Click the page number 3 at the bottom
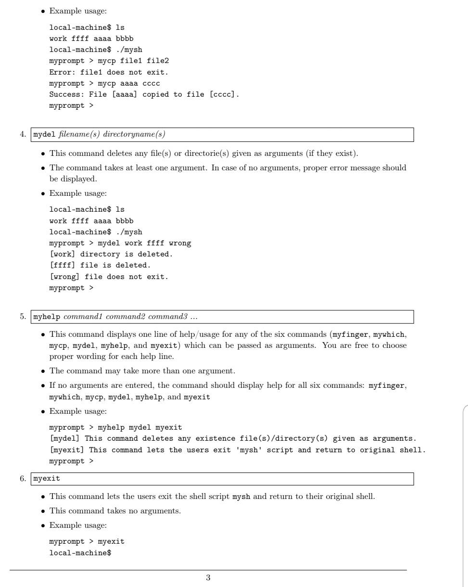point(208,578)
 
